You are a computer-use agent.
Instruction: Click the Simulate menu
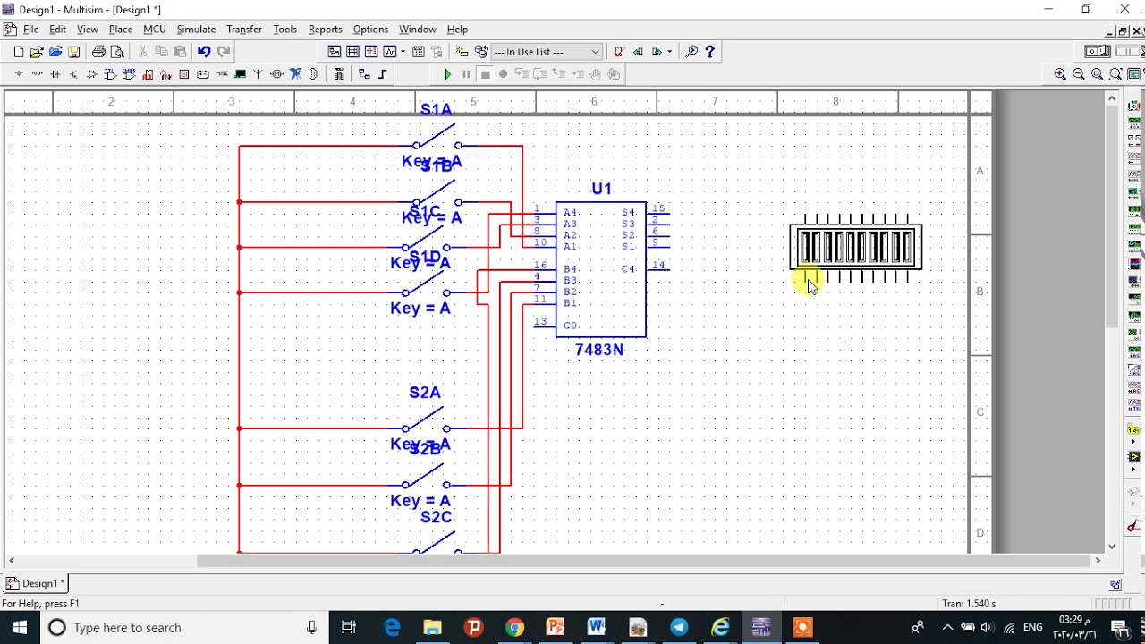point(196,30)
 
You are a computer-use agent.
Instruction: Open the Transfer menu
point(243,30)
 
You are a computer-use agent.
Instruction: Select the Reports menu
point(325,30)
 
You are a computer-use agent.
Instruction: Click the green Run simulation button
point(448,74)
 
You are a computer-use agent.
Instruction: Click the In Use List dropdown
point(547,52)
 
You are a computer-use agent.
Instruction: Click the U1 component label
point(601,189)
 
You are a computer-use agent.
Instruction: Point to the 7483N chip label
point(599,350)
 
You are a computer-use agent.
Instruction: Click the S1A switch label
point(437,109)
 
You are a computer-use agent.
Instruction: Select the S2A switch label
point(425,393)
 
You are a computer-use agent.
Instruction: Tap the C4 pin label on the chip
point(628,268)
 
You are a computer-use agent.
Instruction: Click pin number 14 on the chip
point(658,265)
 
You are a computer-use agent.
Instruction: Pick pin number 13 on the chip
point(539,322)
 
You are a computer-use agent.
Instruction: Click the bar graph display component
point(856,247)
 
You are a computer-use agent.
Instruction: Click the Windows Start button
point(20,628)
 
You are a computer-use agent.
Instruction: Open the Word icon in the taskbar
point(597,628)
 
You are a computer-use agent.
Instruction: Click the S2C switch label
point(437,517)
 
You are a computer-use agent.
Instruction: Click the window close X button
point(1124,9)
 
